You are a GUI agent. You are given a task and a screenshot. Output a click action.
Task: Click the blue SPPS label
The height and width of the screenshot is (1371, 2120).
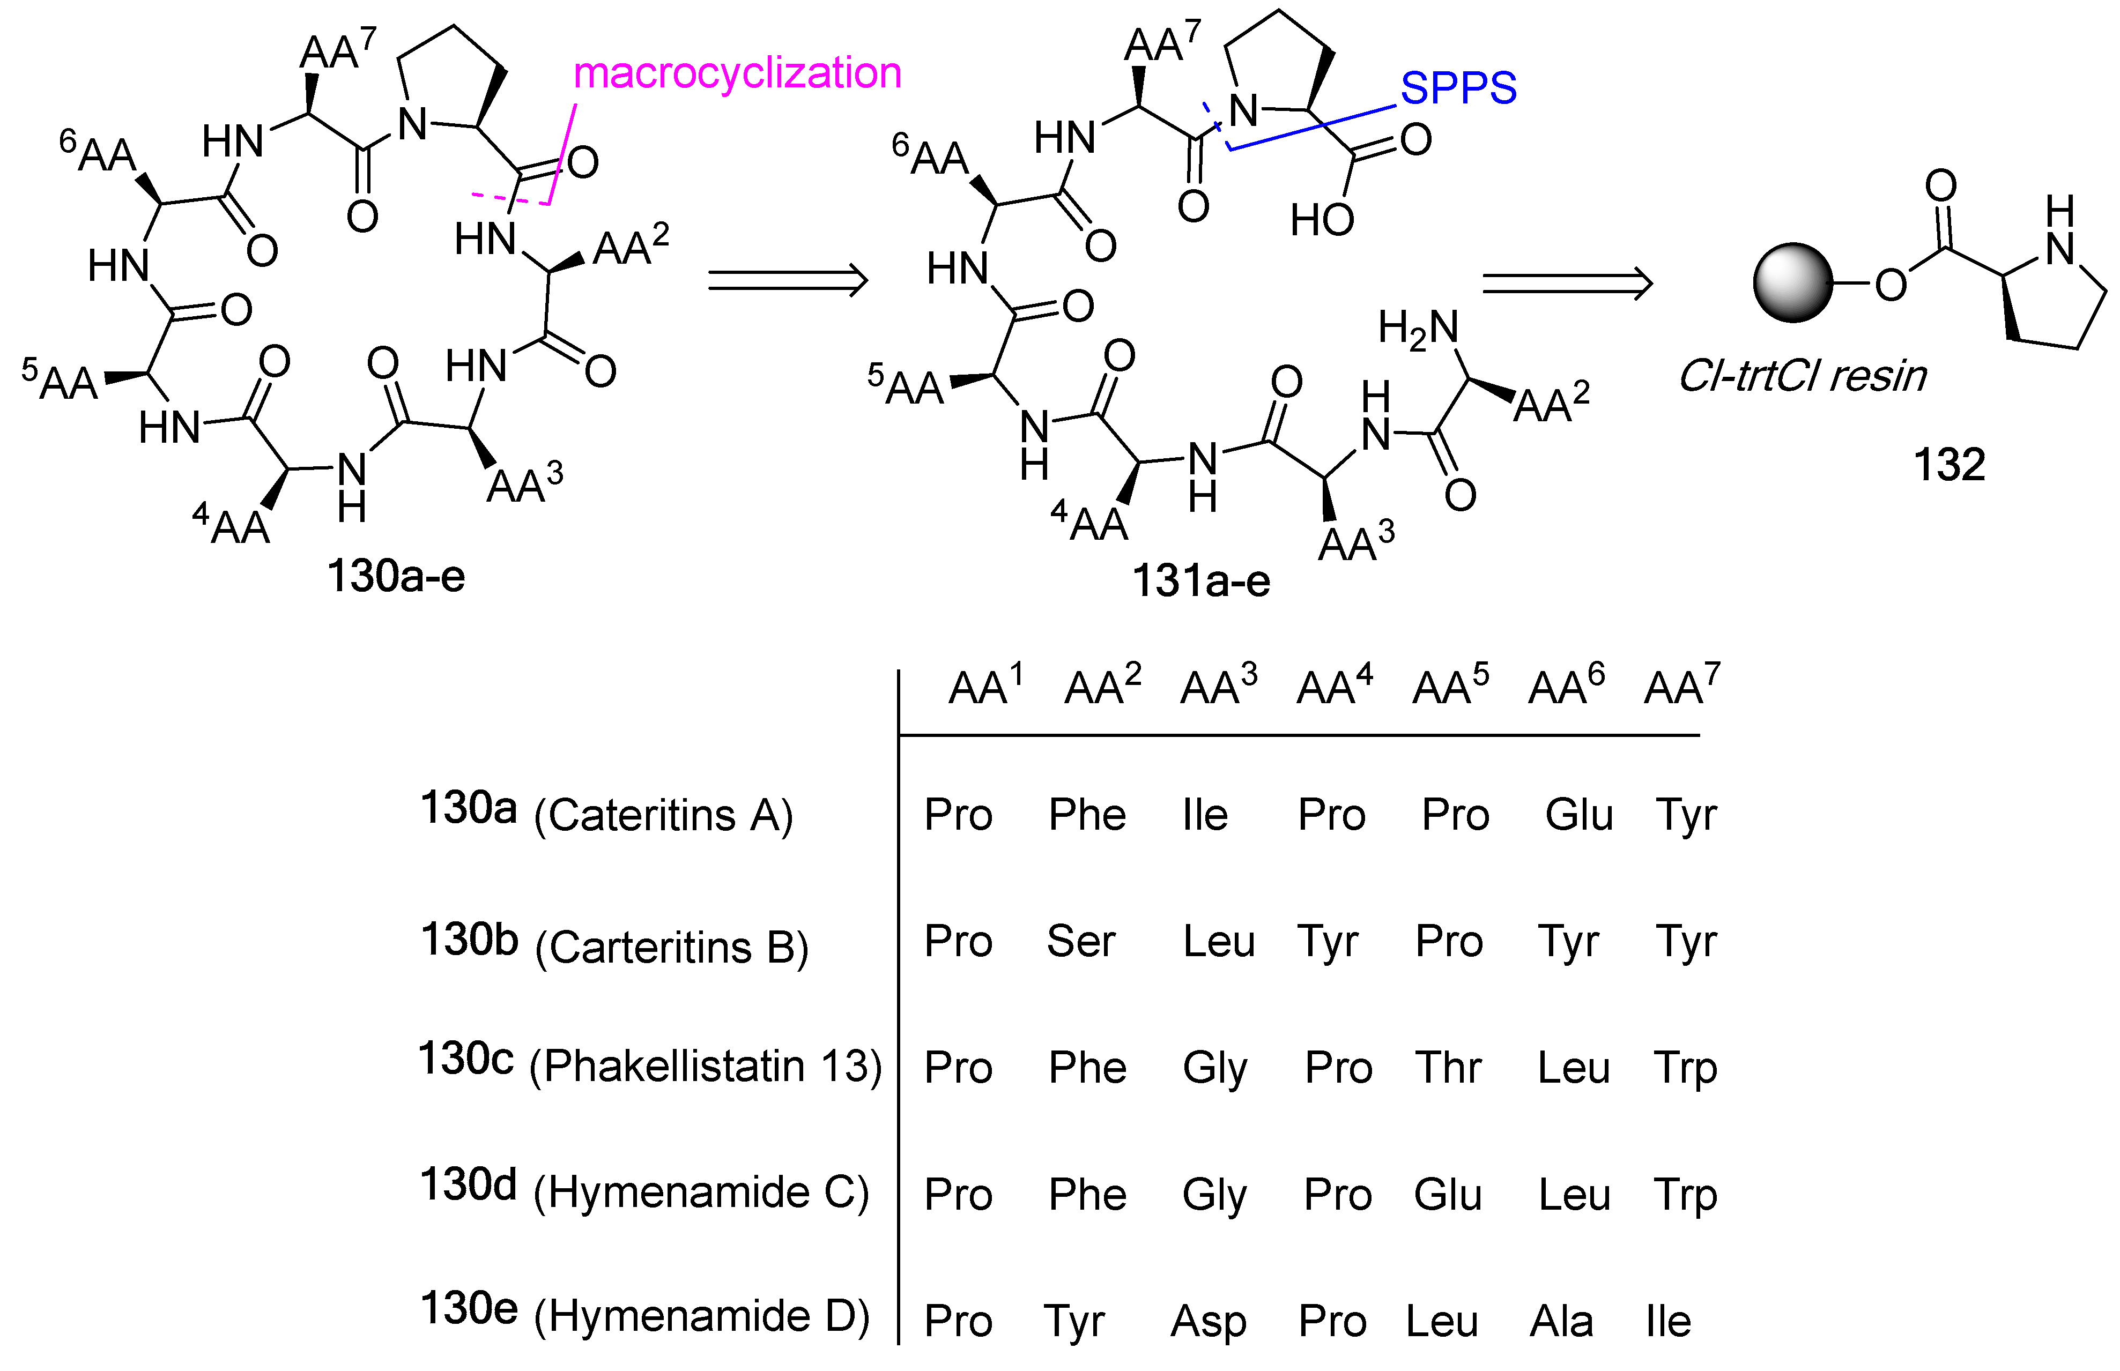point(1457,88)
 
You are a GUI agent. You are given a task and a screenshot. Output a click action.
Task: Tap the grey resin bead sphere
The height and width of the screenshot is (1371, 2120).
point(1792,282)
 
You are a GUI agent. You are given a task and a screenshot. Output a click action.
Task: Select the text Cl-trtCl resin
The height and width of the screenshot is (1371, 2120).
point(1801,377)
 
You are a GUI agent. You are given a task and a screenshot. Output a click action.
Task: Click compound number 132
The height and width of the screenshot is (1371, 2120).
point(1949,465)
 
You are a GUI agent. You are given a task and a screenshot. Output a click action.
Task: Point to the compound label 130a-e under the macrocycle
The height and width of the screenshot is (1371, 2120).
point(395,576)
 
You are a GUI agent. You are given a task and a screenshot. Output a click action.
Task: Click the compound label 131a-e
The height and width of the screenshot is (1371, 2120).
point(1200,582)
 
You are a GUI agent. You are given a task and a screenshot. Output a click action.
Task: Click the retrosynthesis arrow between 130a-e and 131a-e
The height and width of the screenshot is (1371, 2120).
point(787,280)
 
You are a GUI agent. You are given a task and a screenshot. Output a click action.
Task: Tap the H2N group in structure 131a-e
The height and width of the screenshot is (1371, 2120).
point(1418,330)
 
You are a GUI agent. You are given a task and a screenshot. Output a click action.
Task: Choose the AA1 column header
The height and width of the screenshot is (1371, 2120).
point(985,686)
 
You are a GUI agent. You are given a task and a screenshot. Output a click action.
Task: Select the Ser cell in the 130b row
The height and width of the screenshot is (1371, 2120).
point(1080,941)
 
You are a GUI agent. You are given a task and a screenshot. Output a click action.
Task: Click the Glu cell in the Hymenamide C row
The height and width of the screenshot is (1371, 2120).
point(1448,1194)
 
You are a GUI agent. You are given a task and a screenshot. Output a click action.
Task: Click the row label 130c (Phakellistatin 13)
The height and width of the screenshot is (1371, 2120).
point(649,1064)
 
